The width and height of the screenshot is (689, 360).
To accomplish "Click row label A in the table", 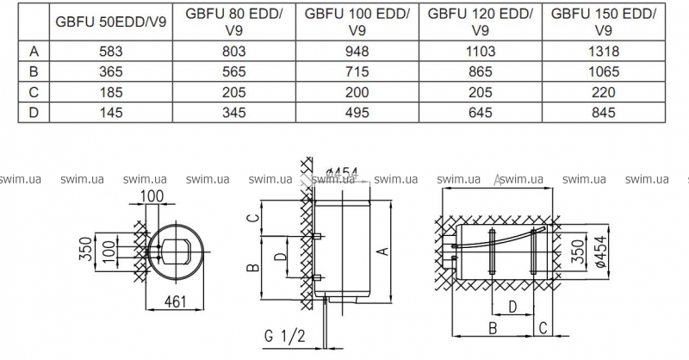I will pos(34,52).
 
